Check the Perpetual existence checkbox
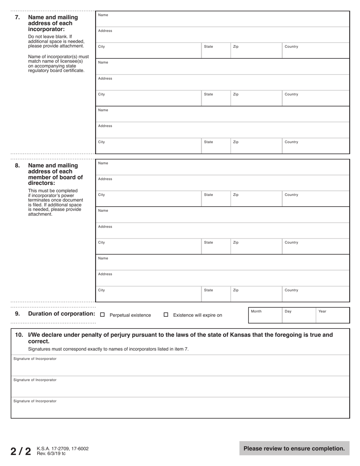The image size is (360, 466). pyautogui.click(x=102, y=314)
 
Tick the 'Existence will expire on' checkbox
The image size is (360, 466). pyautogui.click(x=166, y=314)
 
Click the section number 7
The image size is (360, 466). pyautogui.click(x=17, y=17)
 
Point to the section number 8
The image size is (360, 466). pyautogui.click(x=17, y=166)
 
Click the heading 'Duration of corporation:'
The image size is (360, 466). pyautogui.click(x=61, y=314)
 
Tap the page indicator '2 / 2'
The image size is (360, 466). pyautogui.click(x=21, y=451)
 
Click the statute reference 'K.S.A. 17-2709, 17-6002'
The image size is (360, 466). pyautogui.click(x=63, y=449)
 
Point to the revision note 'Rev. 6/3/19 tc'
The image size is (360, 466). pyautogui.click(x=51, y=453)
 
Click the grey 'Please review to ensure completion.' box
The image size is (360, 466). pyautogui.click(x=294, y=449)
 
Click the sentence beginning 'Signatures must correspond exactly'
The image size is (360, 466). pyautogui.click(x=108, y=349)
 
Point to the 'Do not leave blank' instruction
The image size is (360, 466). pyautogui.click(x=56, y=41)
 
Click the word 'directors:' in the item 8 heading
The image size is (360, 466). pyautogui.click(x=41, y=183)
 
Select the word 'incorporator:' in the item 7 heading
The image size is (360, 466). pyautogui.click(x=46, y=29)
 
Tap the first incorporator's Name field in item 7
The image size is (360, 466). pyautogui.click(x=223, y=20)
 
